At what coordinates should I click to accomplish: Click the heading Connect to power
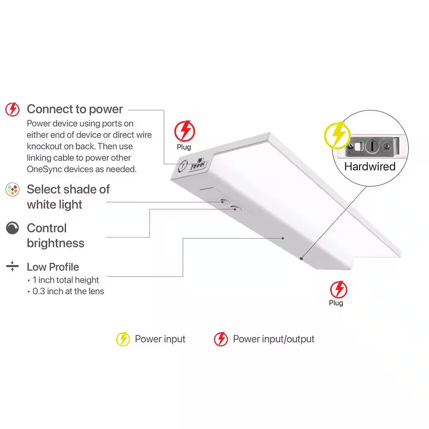coord(75,109)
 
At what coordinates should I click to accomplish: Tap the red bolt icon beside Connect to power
coord(12,109)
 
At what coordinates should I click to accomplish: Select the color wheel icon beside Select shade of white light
coord(12,189)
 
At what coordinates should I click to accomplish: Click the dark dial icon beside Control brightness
coord(12,228)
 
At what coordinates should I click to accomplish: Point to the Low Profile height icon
coord(12,266)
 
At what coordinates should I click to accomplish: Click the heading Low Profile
coord(53,267)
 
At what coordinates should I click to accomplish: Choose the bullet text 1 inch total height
coord(66,280)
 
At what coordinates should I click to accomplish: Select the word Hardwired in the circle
coord(370,166)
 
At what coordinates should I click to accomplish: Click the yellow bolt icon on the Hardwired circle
coord(337,136)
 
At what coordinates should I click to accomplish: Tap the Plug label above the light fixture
coord(184,147)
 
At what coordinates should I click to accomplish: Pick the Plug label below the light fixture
coord(336,303)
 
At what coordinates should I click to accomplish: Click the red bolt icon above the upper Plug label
coord(184,131)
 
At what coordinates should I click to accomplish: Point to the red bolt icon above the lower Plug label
coord(339,290)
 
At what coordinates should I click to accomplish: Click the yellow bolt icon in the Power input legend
coord(123,339)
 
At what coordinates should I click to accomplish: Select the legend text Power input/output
coord(274,339)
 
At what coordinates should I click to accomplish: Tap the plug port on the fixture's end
coord(198,165)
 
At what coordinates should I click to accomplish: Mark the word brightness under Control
coord(55,243)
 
